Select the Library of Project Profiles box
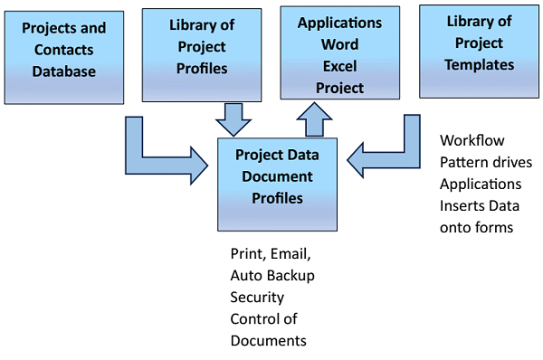[x=197, y=55]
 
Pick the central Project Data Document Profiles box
[x=276, y=183]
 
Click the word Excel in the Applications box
[x=339, y=66]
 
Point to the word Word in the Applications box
[x=340, y=44]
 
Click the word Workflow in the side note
[x=472, y=141]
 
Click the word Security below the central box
[x=257, y=297]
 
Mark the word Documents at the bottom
[x=268, y=340]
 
